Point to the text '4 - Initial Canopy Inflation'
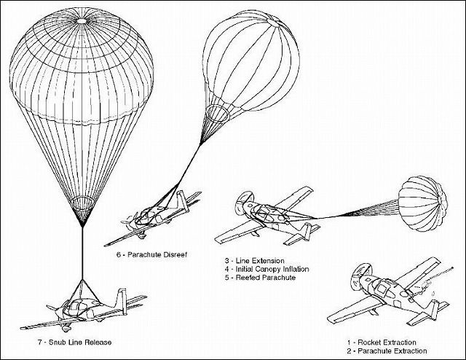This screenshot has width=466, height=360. coord(267,269)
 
